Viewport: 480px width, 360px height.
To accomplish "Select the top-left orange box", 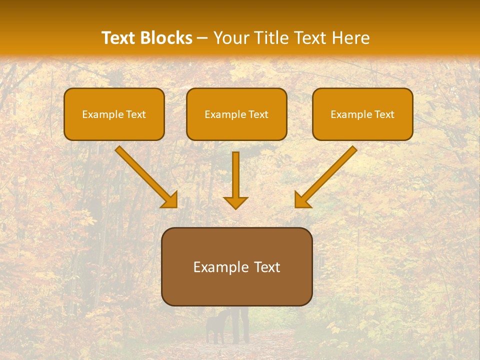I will pos(114,114).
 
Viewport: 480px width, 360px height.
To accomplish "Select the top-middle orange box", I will pos(236,114).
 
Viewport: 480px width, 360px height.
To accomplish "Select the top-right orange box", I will pos(362,114).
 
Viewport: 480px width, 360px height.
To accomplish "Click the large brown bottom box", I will pos(236,267).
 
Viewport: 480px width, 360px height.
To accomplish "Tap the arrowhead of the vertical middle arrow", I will pos(235,202).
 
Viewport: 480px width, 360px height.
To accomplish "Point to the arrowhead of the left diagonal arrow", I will pos(170,200).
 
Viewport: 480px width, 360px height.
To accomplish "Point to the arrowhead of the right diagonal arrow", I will pos(302,200).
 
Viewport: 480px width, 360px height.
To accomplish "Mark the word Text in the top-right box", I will pos(384,114).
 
